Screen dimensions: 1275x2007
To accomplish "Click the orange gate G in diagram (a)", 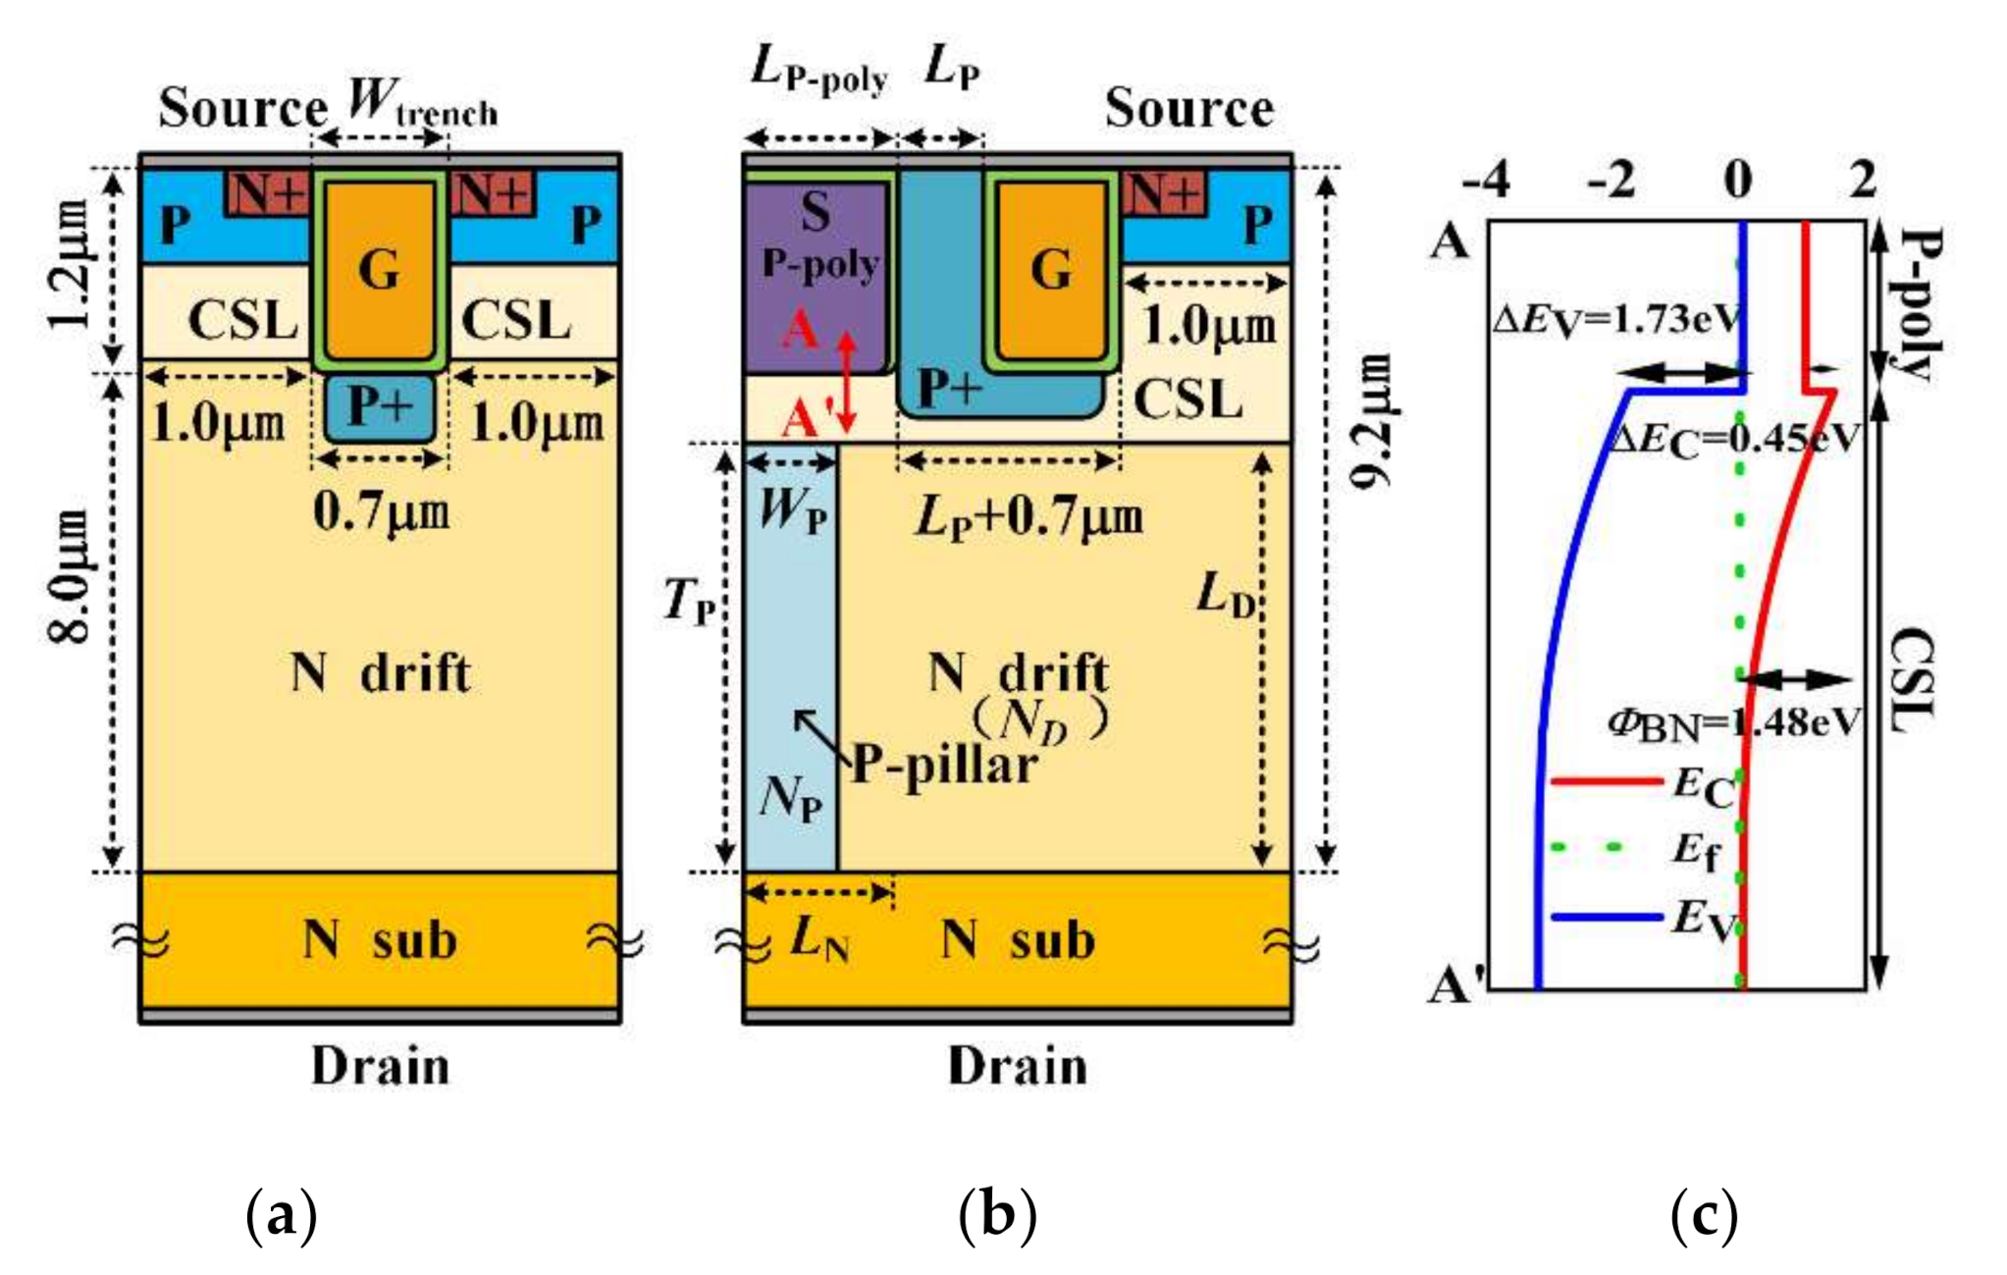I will tap(379, 269).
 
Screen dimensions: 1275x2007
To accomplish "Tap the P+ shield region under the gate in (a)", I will tap(379, 405).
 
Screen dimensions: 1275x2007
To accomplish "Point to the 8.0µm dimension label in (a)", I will tap(72, 576).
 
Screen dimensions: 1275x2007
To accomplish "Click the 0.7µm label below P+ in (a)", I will tap(381, 512).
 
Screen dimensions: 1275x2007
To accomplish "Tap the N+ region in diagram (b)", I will tap(1164, 192).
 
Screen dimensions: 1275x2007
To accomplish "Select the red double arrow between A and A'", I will tap(846, 382).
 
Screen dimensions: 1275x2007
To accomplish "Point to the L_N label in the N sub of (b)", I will tap(819, 939).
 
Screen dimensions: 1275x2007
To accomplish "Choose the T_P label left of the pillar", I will tap(688, 600).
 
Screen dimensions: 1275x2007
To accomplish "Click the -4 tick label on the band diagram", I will tap(1485, 181).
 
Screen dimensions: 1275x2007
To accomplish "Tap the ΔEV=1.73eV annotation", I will tap(1615, 320).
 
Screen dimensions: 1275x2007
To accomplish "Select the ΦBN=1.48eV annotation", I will tap(1733, 723).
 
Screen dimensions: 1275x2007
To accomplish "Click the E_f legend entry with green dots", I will tap(1696, 850).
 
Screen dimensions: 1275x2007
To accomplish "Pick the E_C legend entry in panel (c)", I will tap(1702, 786).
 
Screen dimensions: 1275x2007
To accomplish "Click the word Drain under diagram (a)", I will tap(380, 1066).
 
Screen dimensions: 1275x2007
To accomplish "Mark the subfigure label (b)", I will tap(996, 1215).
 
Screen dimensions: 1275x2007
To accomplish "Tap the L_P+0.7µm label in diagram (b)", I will tap(1029, 517).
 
